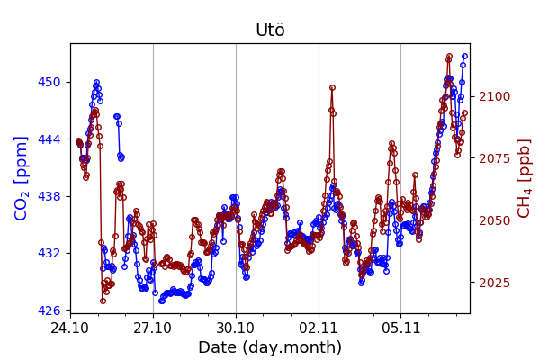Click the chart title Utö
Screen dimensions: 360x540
tap(270, 31)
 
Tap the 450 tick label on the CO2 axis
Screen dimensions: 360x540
tap(49, 82)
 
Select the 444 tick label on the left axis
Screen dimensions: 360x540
tap(49, 139)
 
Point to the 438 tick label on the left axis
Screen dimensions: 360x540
tap(49, 196)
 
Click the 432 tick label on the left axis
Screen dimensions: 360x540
tap(49, 253)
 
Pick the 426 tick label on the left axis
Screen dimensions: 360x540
tap(49, 310)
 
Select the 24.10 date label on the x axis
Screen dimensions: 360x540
tap(70, 328)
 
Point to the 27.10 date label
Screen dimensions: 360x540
tap(153, 328)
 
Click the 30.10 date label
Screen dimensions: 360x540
tap(236, 328)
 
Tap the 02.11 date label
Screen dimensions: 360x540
tap(319, 328)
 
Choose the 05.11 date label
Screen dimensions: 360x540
tap(400, 328)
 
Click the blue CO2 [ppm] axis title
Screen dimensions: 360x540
tap(22, 177)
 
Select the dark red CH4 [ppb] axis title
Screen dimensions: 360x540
tap(525, 177)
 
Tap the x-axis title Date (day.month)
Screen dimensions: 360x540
tap(270, 347)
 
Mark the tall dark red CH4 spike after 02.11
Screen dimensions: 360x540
tap(332, 88)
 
